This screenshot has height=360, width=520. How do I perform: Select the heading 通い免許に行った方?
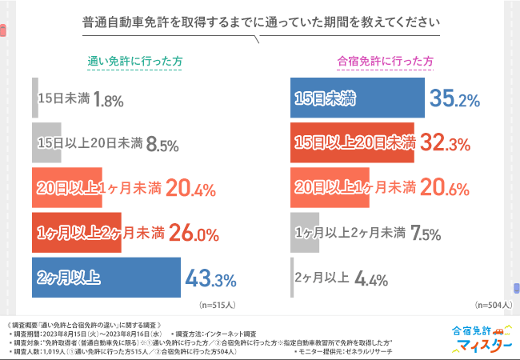tap(134, 61)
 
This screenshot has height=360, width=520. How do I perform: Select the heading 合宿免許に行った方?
tap(386, 61)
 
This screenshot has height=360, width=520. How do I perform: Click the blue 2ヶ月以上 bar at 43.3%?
tap(106, 278)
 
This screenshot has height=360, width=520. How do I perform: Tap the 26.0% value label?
tap(194, 234)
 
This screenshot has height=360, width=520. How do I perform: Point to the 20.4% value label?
tap(191, 189)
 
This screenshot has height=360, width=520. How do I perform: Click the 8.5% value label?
tap(162, 145)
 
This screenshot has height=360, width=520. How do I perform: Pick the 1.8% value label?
tap(107, 100)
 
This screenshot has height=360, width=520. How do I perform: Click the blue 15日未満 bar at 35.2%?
tap(357, 99)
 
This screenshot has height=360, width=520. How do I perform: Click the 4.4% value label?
tap(371, 279)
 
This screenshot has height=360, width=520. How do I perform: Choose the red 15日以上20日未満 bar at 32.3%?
tap(352, 144)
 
